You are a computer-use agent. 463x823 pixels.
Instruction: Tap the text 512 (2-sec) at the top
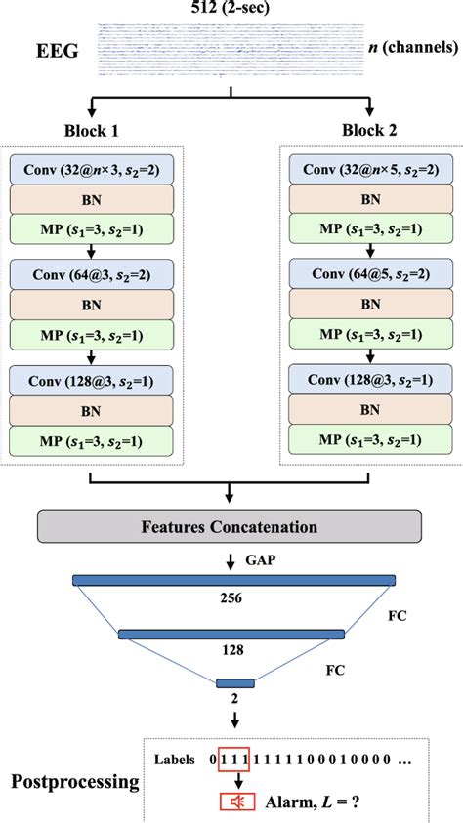(231, 8)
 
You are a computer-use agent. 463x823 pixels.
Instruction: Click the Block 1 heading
(93, 131)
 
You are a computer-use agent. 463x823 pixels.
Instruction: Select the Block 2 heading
(371, 131)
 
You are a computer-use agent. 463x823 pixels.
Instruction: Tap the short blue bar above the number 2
(234, 682)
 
